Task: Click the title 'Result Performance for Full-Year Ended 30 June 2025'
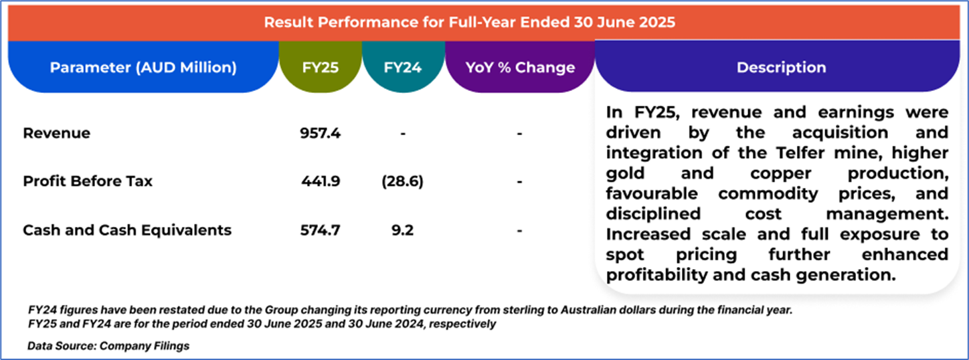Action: [x=469, y=22]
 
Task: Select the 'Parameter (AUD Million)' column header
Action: [x=143, y=68]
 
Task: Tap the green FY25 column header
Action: [x=320, y=68]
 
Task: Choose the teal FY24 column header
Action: [x=403, y=68]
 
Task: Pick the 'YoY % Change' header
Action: [x=520, y=68]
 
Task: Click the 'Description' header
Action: [x=781, y=68]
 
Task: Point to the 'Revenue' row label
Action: [x=56, y=133]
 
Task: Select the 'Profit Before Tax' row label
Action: [x=88, y=181]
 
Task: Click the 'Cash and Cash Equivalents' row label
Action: [x=127, y=230]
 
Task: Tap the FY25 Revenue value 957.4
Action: [x=321, y=133]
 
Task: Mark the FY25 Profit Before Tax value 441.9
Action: [x=321, y=181]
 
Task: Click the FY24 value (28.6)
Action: [x=403, y=181]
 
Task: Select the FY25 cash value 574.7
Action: [x=321, y=230]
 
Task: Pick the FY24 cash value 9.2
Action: [x=403, y=230]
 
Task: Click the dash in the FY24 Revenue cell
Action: [x=403, y=134]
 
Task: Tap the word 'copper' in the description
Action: [x=757, y=174]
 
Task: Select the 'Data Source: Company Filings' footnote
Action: [x=108, y=346]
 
